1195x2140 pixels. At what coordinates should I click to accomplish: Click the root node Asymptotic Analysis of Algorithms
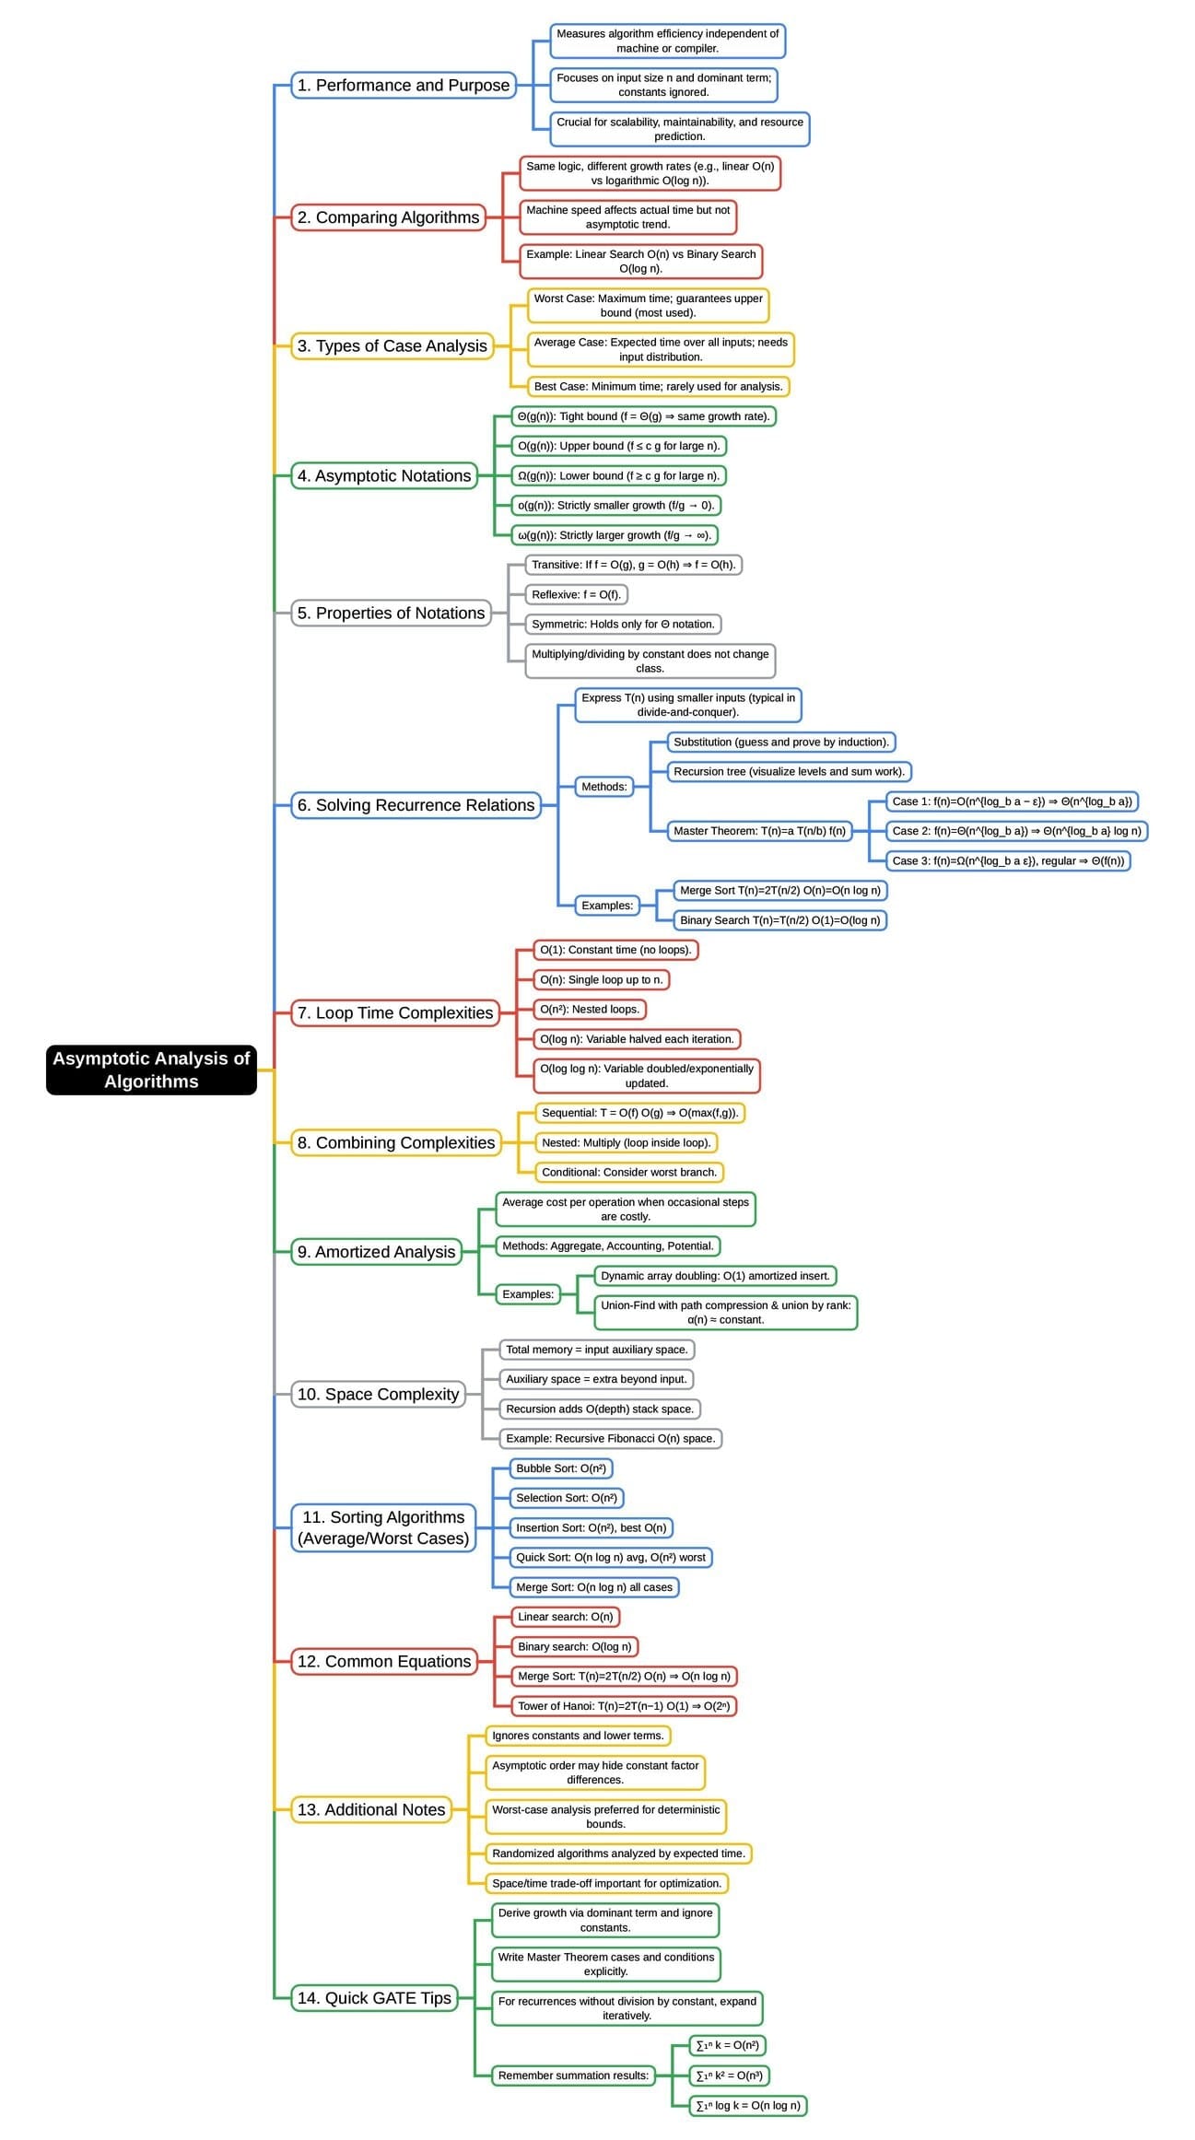[151, 1070]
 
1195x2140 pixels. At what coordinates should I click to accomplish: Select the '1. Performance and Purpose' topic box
[404, 86]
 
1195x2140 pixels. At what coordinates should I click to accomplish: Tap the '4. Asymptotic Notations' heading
[384, 476]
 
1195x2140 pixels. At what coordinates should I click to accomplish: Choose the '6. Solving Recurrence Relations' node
[416, 805]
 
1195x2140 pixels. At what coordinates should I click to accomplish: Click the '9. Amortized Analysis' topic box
[376, 1252]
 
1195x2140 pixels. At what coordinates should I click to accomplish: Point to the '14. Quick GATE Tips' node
[374, 1998]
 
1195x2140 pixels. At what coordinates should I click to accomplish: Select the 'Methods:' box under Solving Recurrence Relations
[604, 787]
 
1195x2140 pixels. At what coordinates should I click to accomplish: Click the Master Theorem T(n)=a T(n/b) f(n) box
[759, 831]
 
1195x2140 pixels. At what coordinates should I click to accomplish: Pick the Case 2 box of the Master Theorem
[1016, 831]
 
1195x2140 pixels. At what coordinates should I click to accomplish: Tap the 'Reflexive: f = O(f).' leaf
[576, 595]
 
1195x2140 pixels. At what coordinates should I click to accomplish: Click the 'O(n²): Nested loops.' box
[590, 1010]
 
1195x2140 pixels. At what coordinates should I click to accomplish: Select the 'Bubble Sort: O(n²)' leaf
[561, 1468]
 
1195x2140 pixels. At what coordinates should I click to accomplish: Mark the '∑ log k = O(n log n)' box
[748, 2105]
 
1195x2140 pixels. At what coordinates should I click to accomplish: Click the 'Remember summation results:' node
[573, 2076]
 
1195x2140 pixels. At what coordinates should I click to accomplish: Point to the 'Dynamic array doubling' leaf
[715, 1276]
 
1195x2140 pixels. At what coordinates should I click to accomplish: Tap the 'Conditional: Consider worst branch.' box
[629, 1173]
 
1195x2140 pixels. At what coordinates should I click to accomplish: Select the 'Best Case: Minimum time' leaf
[658, 387]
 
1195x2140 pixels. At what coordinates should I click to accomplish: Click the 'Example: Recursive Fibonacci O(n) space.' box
[610, 1438]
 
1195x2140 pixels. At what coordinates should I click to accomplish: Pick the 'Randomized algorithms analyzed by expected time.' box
[618, 1853]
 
